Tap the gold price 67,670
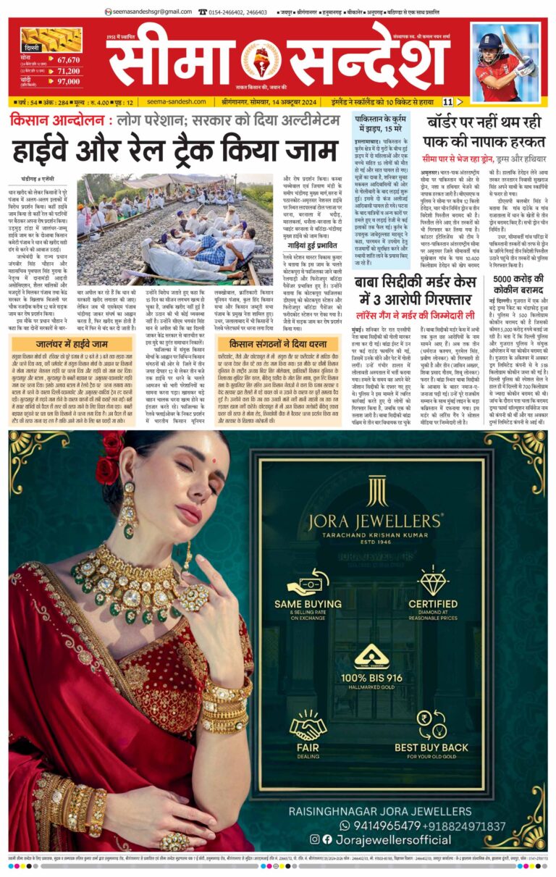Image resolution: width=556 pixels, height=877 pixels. (67, 60)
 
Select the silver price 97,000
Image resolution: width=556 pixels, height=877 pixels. (67, 81)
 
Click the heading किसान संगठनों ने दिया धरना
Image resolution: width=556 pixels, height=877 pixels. (278, 345)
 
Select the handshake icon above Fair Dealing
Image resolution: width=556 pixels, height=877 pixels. (308, 724)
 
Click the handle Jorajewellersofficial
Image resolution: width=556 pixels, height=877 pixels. (381, 839)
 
